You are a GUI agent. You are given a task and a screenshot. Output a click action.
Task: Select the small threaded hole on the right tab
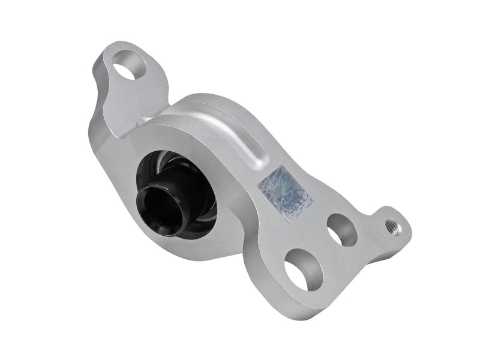[x=393, y=224]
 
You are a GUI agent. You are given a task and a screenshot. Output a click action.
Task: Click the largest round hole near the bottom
[x=302, y=271]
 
